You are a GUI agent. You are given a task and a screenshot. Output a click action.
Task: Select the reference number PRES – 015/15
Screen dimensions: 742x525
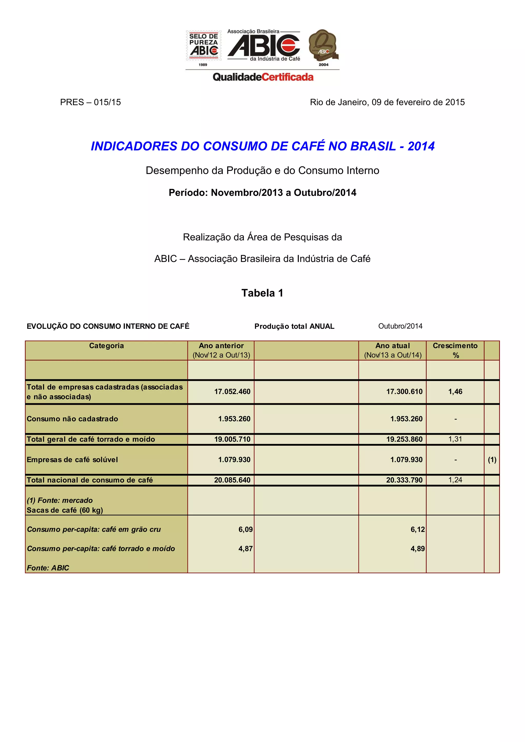point(90,102)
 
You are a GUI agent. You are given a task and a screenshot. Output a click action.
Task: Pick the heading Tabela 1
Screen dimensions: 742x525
point(262,293)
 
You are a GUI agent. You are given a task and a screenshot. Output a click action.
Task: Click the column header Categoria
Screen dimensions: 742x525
point(106,346)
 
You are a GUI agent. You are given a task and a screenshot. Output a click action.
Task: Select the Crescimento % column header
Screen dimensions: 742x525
point(455,350)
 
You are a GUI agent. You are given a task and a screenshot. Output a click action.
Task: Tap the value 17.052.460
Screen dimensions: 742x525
point(232,392)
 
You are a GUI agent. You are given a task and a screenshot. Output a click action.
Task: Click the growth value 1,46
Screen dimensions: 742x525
point(455,392)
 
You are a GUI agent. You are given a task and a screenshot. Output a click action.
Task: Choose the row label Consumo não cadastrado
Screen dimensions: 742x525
point(73,419)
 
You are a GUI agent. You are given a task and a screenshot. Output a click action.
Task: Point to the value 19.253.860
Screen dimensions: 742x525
point(404,439)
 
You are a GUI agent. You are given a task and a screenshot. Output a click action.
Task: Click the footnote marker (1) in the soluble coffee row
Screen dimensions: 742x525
point(492,460)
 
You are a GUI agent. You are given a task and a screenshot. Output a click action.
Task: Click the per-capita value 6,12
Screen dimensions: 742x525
point(417,529)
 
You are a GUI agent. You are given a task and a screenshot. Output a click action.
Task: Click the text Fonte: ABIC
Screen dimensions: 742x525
point(48,568)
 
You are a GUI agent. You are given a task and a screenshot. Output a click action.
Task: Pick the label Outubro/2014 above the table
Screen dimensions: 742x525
point(400,326)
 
